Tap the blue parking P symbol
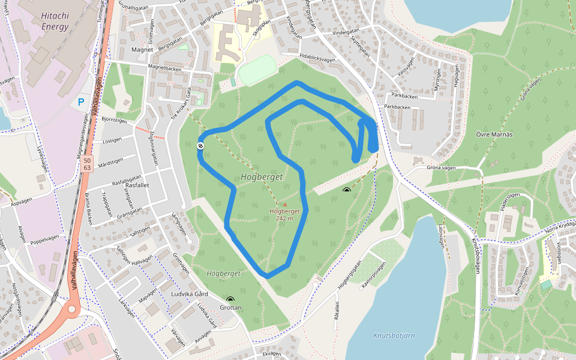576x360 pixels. (81, 102)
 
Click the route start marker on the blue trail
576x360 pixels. (200, 146)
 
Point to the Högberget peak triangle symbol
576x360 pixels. (285, 205)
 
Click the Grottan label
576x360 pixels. (230, 307)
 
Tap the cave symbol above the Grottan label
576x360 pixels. (230, 299)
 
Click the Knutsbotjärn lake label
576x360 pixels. (394, 335)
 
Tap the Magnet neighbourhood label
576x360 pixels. (142, 50)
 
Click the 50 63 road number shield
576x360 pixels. (88, 164)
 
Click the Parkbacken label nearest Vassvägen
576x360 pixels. (404, 95)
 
